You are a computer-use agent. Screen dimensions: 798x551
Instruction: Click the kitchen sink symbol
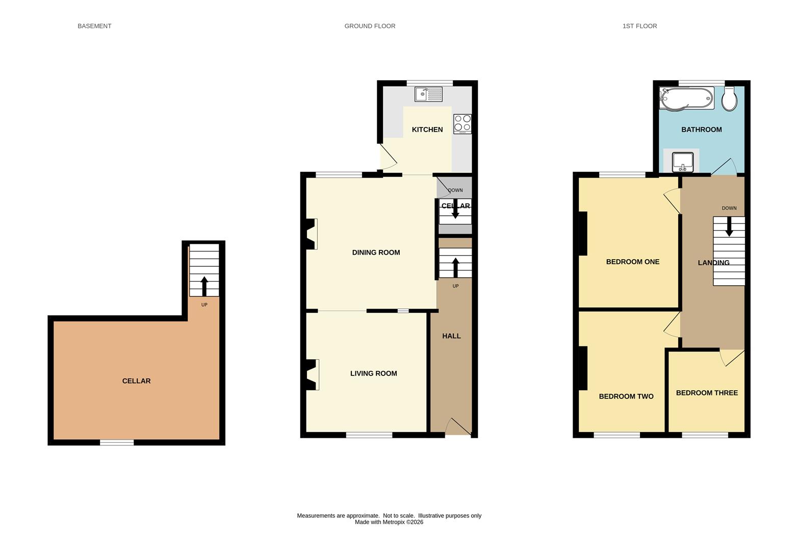pyautogui.click(x=428, y=94)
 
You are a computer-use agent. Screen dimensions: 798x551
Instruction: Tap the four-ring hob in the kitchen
pyautogui.click(x=462, y=124)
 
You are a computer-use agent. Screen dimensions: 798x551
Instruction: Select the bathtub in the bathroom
pyautogui.click(x=686, y=98)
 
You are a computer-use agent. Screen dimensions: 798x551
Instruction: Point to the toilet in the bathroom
pyautogui.click(x=729, y=99)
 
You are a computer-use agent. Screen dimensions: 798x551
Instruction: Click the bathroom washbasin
pyautogui.click(x=683, y=162)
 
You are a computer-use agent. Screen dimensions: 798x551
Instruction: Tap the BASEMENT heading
pyautogui.click(x=94, y=26)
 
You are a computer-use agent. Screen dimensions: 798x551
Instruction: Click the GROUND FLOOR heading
pyautogui.click(x=370, y=26)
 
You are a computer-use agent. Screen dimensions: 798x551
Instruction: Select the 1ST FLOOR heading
pyautogui.click(x=639, y=26)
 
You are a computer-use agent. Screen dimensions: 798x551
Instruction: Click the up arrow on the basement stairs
pyautogui.click(x=204, y=286)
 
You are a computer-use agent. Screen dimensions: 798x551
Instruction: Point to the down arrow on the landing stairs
pyautogui.click(x=729, y=227)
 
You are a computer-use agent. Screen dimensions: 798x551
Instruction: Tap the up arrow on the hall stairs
pyautogui.click(x=455, y=267)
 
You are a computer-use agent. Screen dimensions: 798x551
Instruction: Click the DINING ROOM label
pyautogui.click(x=376, y=253)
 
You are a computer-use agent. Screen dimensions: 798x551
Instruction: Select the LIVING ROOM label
pyautogui.click(x=373, y=373)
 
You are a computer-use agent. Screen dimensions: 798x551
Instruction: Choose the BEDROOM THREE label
pyautogui.click(x=707, y=393)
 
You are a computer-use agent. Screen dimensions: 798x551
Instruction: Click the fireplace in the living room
pyautogui.click(x=312, y=374)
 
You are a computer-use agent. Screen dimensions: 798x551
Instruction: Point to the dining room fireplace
pyautogui.click(x=311, y=234)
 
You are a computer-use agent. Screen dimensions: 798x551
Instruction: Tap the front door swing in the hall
pyautogui.click(x=458, y=427)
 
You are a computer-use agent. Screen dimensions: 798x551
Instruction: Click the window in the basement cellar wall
pyautogui.click(x=117, y=443)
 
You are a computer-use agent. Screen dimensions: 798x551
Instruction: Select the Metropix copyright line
pyautogui.click(x=389, y=522)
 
